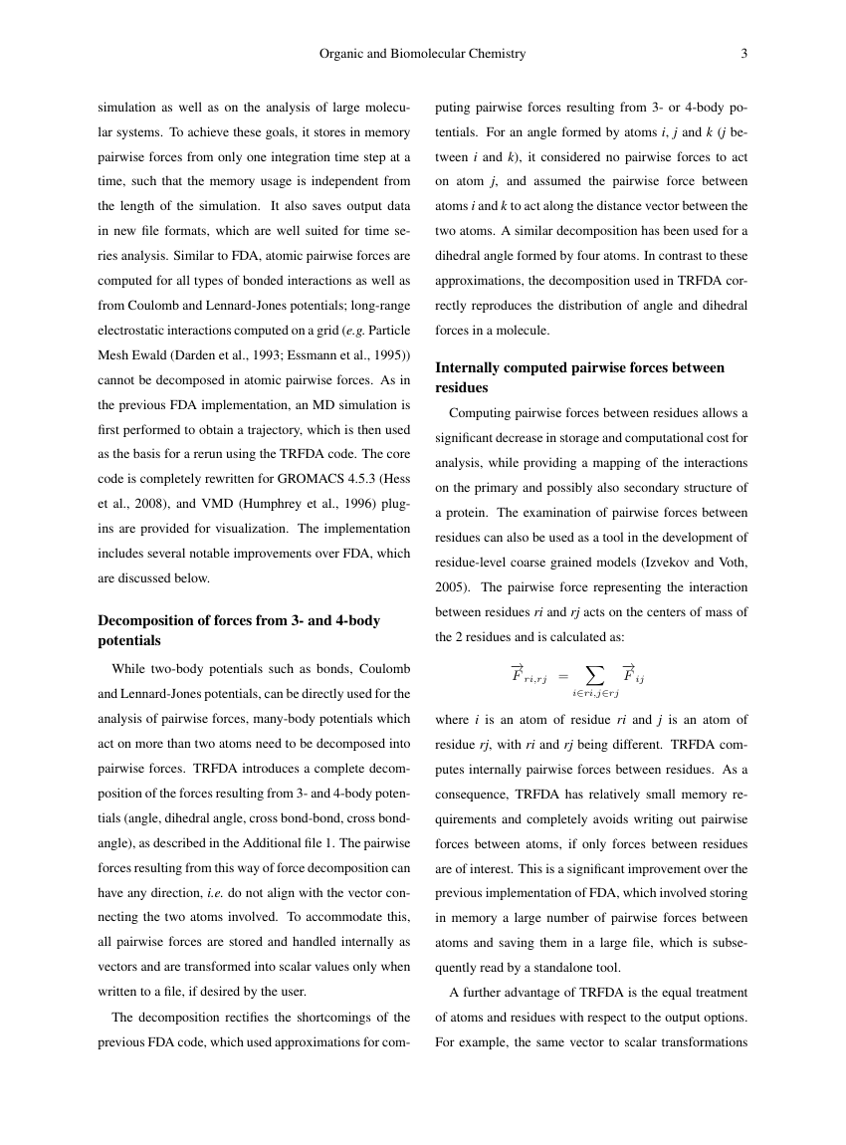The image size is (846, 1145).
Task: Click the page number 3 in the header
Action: point(743,54)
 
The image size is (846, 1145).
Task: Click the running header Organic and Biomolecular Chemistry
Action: point(422,54)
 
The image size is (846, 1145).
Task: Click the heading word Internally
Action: point(472,367)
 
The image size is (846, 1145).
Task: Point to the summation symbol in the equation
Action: point(595,675)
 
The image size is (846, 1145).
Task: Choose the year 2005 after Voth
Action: point(453,586)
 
